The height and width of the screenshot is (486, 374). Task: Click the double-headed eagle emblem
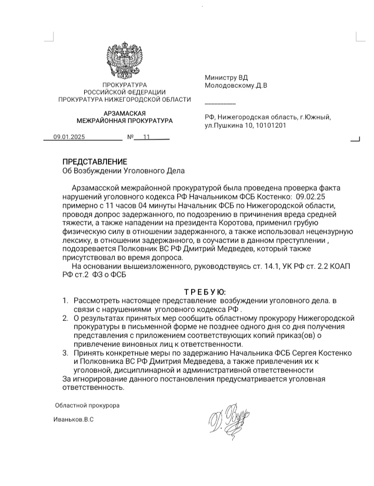124,61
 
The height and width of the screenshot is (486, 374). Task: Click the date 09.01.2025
69,138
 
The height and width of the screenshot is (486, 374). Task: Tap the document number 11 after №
146,138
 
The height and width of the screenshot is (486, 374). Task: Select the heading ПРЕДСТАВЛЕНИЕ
95,162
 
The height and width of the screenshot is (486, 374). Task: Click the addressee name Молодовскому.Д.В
236,85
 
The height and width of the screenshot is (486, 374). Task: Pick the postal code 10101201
267,125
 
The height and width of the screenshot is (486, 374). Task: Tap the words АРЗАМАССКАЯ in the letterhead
124,113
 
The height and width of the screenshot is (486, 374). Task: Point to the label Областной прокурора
87,405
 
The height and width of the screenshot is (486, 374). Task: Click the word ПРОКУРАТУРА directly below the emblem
124,85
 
